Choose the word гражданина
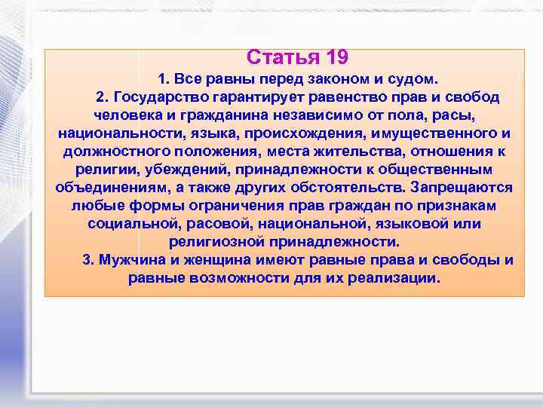point(224,116)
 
